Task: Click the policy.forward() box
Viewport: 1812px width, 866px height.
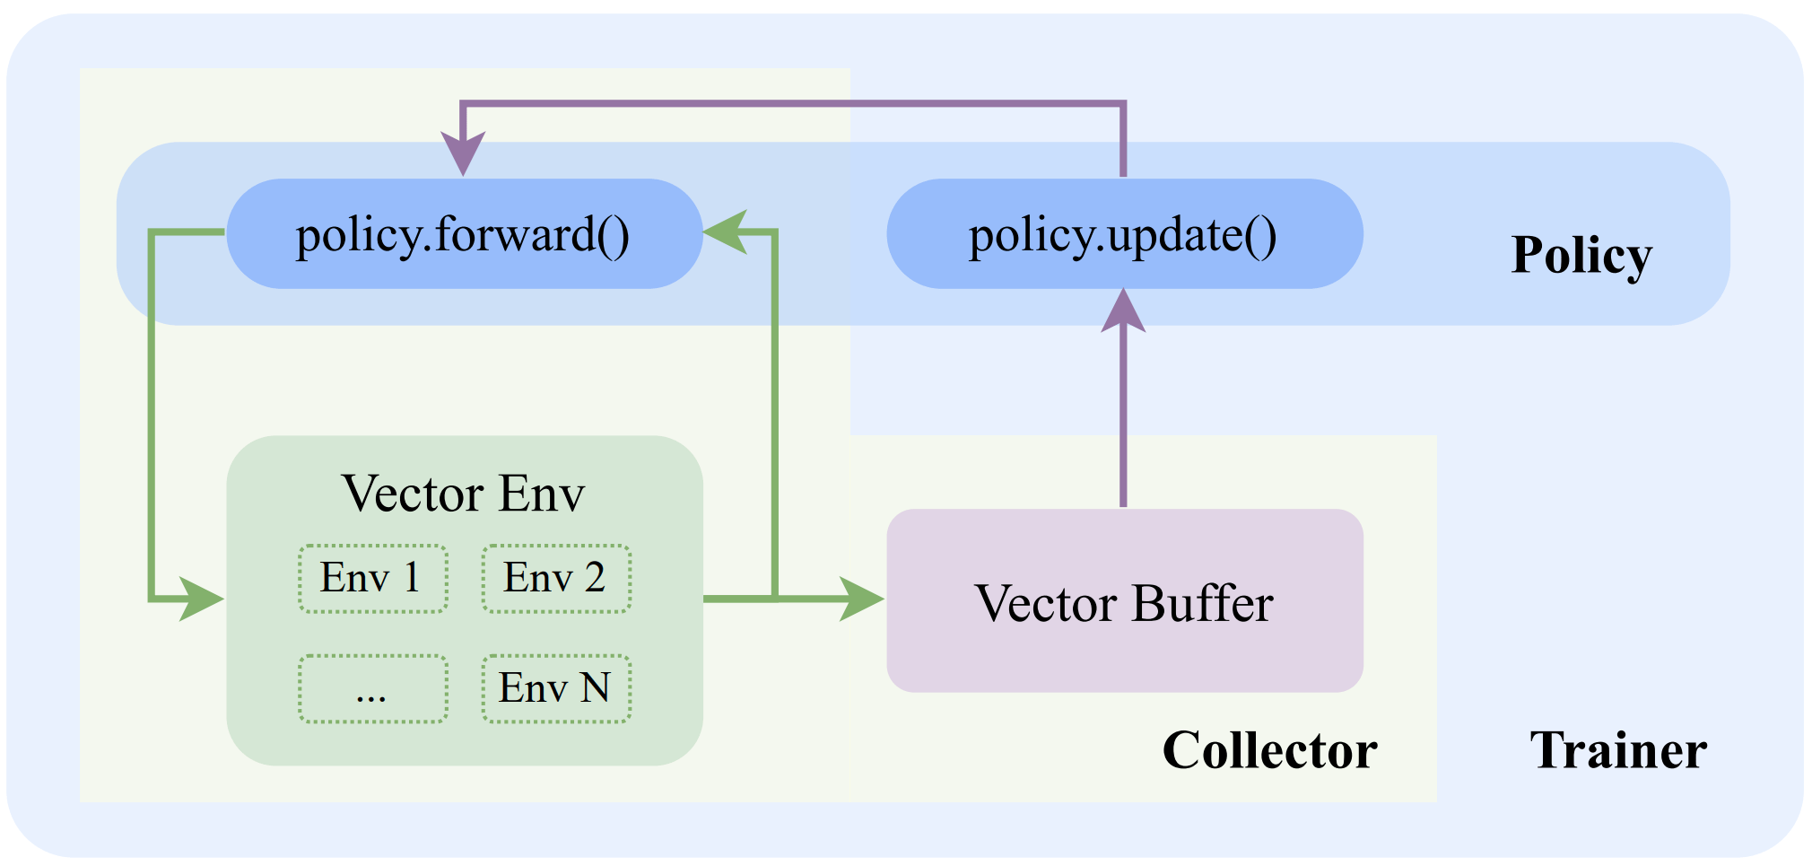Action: pos(464,234)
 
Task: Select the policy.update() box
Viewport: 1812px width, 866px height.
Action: pos(1124,234)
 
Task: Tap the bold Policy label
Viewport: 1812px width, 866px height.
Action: pos(1581,255)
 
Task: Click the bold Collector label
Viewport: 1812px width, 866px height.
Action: pos(1269,750)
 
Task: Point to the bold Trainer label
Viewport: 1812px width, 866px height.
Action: pos(1618,750)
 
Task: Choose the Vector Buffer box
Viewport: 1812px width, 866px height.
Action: pos(1124,601)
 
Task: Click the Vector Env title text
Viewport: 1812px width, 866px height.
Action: pos(464,494)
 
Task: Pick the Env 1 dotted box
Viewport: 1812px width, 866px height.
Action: pos(373,579)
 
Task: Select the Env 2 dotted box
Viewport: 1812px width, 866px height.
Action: pos(556,579)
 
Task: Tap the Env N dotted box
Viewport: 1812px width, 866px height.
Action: pos(556,689)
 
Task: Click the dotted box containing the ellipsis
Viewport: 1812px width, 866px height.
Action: pos(373,689)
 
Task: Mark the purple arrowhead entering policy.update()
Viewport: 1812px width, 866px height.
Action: pos(1123,311)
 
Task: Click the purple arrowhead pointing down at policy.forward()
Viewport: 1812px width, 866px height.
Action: pos(463,153)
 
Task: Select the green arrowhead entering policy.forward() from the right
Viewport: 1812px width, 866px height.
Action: pos(727,232)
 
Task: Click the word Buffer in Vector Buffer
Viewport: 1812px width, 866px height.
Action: pos(1202,603)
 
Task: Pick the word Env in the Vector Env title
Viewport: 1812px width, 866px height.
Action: pos(542,494)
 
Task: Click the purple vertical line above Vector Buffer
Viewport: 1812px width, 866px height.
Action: pos(1123,422)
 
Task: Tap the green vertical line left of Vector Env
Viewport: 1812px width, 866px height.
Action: pos(152,413)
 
